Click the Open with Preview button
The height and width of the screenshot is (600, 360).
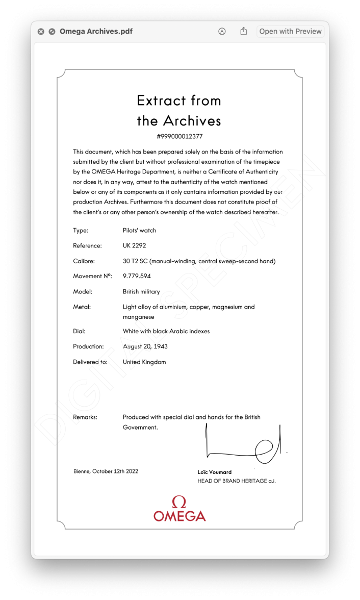click(290, 31)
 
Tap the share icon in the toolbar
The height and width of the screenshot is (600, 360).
click(244, 31)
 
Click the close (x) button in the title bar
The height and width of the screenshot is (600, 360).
click(41, 31)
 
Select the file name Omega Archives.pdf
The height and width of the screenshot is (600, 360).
click(96, 31)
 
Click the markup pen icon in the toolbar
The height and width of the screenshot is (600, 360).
click(222, 31)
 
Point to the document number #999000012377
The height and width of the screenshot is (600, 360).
click(179, 136)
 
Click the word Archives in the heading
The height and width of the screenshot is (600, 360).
click(192, 121)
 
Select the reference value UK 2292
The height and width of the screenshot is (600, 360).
click(134, 245)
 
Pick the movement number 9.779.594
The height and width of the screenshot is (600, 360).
click(137, 276)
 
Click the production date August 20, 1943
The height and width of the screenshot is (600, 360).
click(145, 346)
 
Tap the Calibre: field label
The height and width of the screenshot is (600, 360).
click(84, 261)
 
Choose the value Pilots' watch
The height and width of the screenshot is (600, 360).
click(139, 230)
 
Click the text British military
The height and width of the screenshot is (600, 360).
click(141, 292)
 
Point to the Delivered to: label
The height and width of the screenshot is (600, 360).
click(90, 362)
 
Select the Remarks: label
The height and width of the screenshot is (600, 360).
click(85, 417)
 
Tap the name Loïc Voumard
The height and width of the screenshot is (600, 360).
click(215, 472)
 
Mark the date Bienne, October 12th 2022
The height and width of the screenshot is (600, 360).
click(106, 471)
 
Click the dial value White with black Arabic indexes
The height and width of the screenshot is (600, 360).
click(166, 331)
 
